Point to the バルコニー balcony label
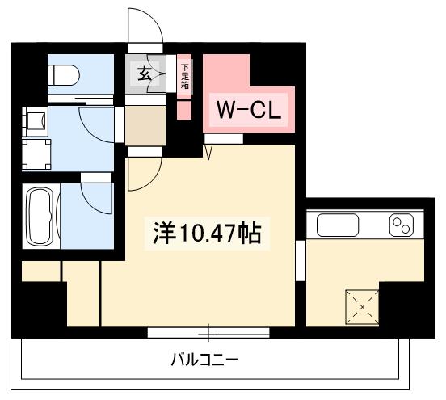point(204,358)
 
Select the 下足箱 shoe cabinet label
point(184,76)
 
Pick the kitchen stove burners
point(401,225)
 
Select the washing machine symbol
point(35,121)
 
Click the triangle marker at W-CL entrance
point(208,149)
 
